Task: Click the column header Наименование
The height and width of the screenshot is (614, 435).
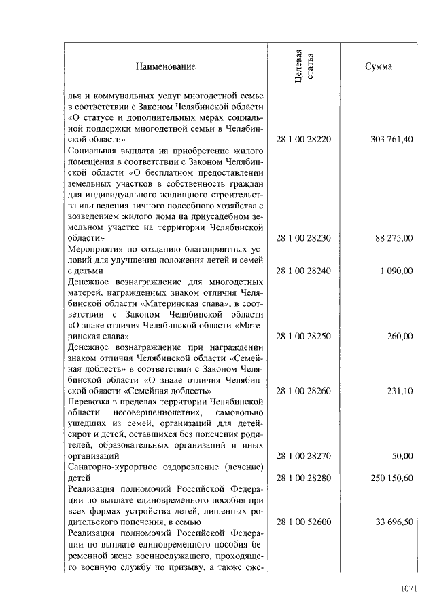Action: (x=165, y=66)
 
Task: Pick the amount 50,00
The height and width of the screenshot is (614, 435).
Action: (x=403, y=456)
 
